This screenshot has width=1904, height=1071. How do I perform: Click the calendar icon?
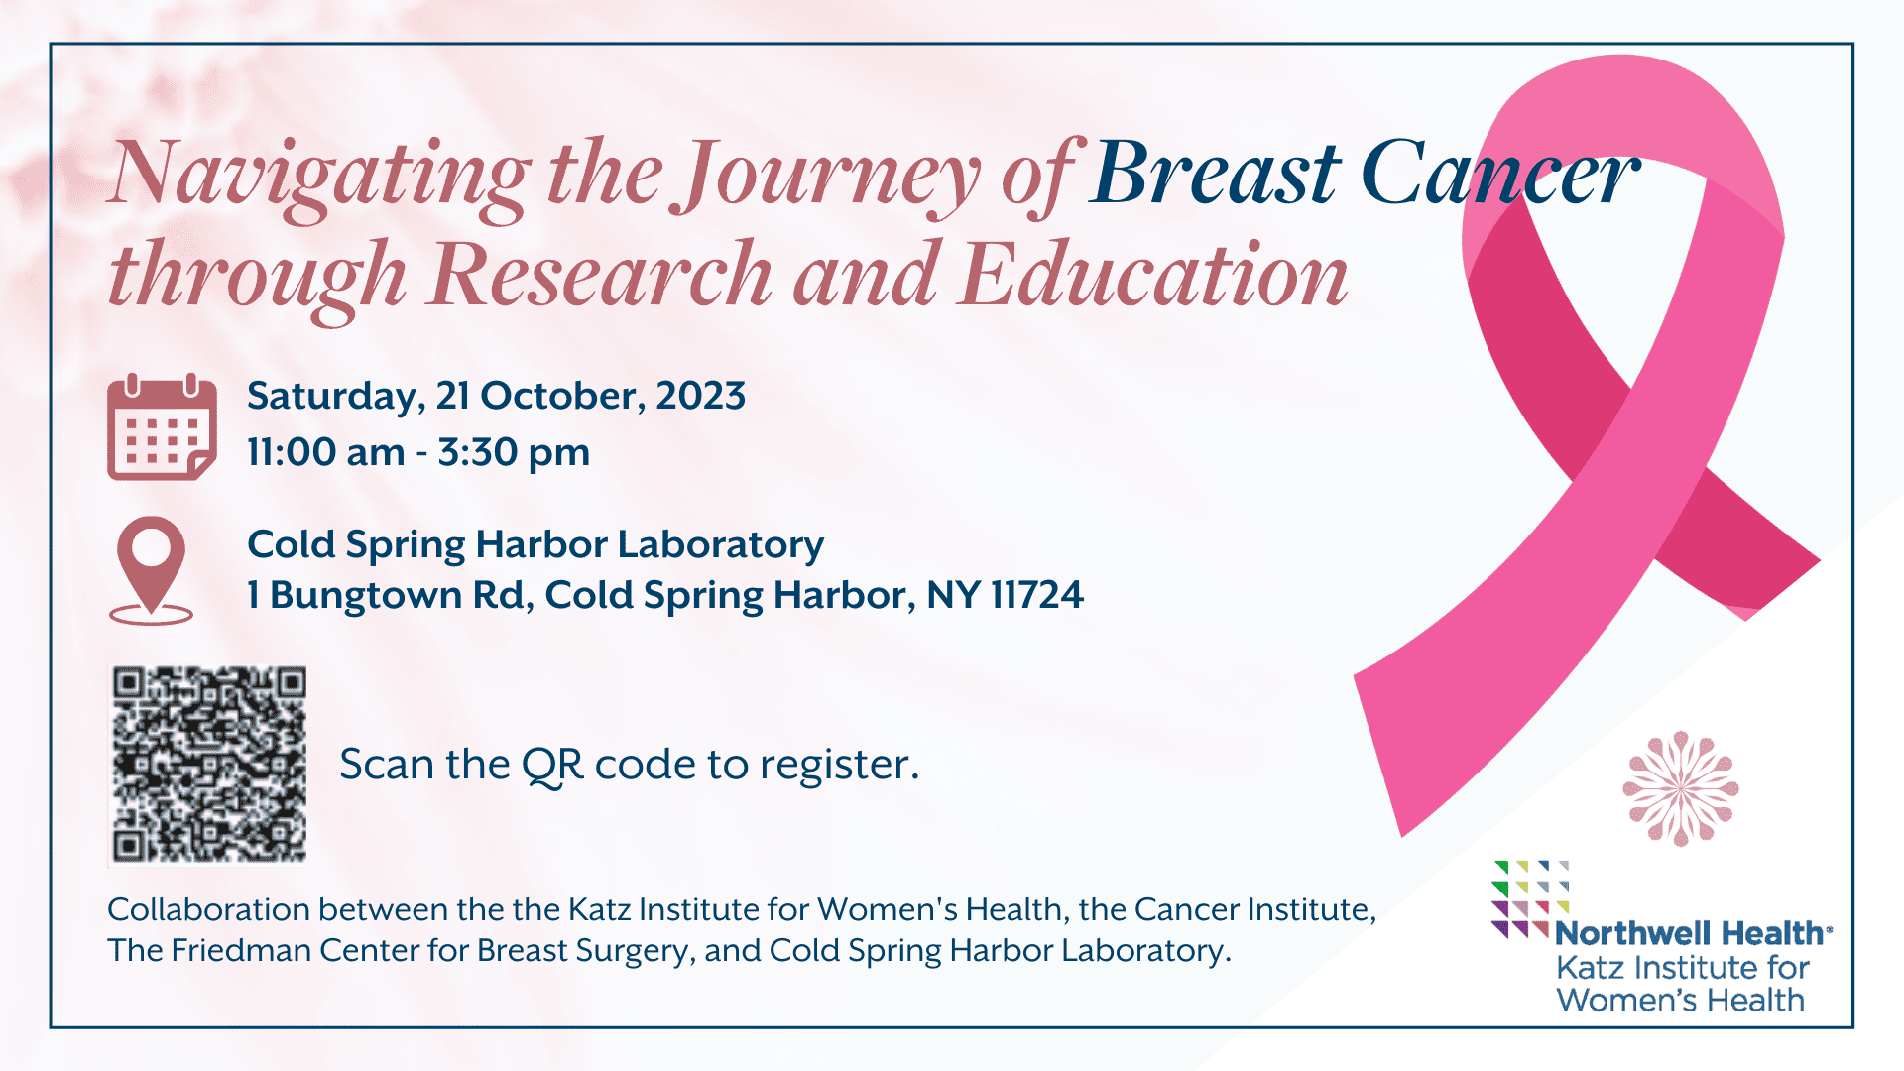162,427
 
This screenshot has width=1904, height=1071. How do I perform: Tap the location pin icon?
151,570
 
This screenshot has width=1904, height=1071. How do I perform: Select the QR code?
208,765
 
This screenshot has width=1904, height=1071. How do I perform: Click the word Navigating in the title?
320,177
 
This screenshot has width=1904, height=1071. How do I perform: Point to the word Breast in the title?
1216,175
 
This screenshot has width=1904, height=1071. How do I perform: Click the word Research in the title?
601,274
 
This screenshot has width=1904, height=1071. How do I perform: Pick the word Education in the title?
1154,274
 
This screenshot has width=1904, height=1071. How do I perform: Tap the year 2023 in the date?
700,396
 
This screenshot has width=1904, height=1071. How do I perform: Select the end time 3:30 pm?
514,453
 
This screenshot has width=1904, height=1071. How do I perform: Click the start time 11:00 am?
326,452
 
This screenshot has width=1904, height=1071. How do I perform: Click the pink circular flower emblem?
1681,788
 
